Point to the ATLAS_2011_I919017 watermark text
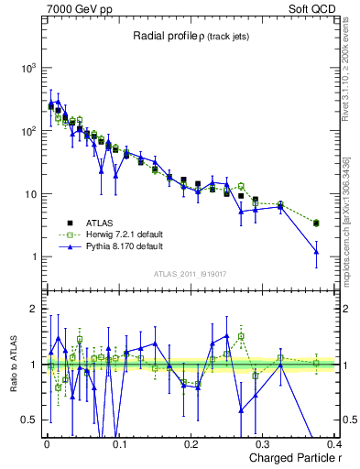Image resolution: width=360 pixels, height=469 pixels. [189, 273]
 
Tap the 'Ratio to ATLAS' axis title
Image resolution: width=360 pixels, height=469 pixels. [14, 364]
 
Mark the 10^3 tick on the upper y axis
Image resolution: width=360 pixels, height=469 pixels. [28, 69]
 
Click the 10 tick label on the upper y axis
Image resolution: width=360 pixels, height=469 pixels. [30, 194]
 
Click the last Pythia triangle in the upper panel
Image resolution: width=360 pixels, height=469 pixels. [316, 252]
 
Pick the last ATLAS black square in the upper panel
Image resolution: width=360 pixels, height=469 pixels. [316, 223]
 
